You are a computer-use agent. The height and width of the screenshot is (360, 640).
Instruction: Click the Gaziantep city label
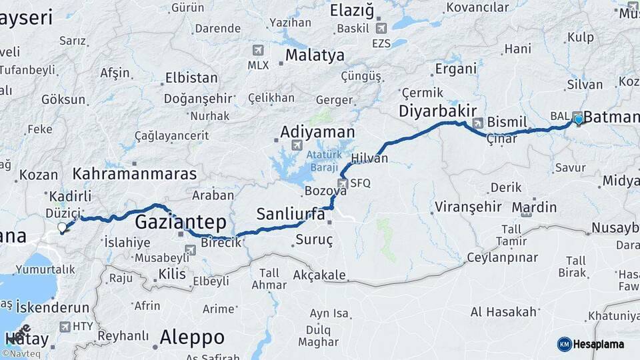click(181, 222)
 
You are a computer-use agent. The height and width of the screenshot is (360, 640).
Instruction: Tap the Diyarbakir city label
click(438, 111)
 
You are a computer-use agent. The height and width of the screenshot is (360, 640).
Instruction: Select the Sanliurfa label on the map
click(291, 215)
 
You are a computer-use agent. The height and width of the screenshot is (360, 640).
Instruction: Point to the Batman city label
click(611, 118)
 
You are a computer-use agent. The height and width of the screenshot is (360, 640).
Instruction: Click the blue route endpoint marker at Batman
click(579, 119)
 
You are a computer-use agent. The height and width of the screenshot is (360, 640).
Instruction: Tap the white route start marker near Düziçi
click(63, 228)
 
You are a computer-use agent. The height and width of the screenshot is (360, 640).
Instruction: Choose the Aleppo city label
click(192, 335)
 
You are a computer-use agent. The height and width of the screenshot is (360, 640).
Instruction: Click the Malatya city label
click(315, 55)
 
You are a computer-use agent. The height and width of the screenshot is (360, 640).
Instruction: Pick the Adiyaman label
click(317, 132)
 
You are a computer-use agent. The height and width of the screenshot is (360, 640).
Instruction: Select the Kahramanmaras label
click(135, 174)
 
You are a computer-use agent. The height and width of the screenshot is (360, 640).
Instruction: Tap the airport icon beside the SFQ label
click(343, 183)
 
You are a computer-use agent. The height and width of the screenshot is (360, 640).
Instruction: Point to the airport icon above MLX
click(259, 50)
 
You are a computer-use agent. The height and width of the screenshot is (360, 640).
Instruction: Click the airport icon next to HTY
click(65, 327)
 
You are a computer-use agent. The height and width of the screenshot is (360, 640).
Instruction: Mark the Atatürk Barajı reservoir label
click(324, 161)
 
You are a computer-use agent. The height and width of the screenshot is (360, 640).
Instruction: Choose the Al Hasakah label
click(503, 312)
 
